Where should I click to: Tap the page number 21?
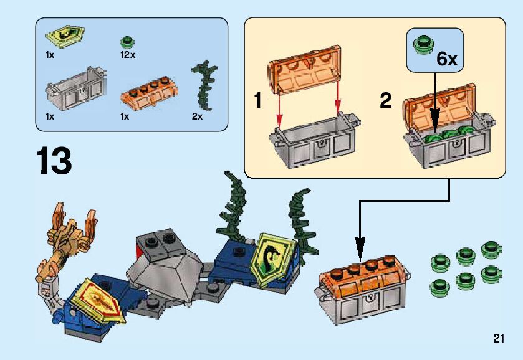click(x=497, y=339)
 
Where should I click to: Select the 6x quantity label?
click(x=446, y=59)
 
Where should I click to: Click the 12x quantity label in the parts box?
click(x=128, y=55)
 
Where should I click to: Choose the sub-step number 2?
click(x=386, y=101)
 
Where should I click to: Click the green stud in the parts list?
click(x=128, y=42)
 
